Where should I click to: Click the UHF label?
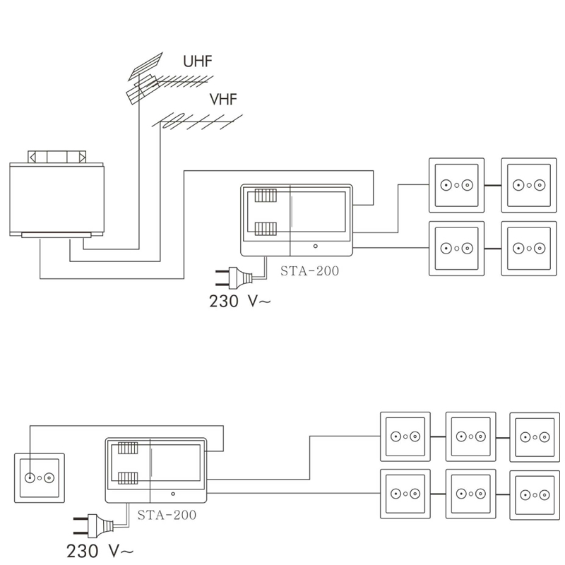pyautogui.click(x=198, y=61)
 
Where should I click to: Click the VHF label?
pyautogui.click(x=223, y=100)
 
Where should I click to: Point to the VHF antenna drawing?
pyautogui.click(x=196, y=121)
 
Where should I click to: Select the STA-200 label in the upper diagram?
pyautogui.click(x=309, y=271)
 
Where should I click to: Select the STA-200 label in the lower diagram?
pyautogui.click(x=167, y=515)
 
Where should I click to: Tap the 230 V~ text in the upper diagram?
pyautogui.click(x=239, y=302)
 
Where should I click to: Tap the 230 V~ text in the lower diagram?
pyautogui.click(x=100, y=551)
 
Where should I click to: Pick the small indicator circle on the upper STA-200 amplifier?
pyautogui.click(x=316, y=246)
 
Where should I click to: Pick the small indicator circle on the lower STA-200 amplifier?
pyautogui.click(x=173, y=494)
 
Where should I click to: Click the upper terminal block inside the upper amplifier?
pyautogui.click(x=266, y=196)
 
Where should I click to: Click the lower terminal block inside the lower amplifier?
pyautogui.click(x=128, y=478)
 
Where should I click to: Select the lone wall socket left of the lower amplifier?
pyautogui.click(x=40, y=478)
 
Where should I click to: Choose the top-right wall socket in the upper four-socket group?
pyautogui.click(x=529, y=185)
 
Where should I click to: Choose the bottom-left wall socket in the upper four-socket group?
pyautogui.click(x=456, y=249)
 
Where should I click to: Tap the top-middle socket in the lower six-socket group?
pyautogui.click(x=471, y=436)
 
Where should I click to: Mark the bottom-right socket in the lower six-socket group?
pyautogui.click(x=535, y=495)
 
